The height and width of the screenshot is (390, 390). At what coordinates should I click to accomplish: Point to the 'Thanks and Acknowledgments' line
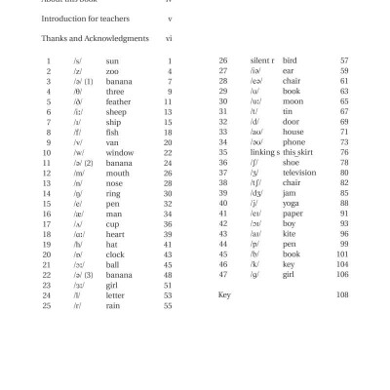click(x=95, y=38)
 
